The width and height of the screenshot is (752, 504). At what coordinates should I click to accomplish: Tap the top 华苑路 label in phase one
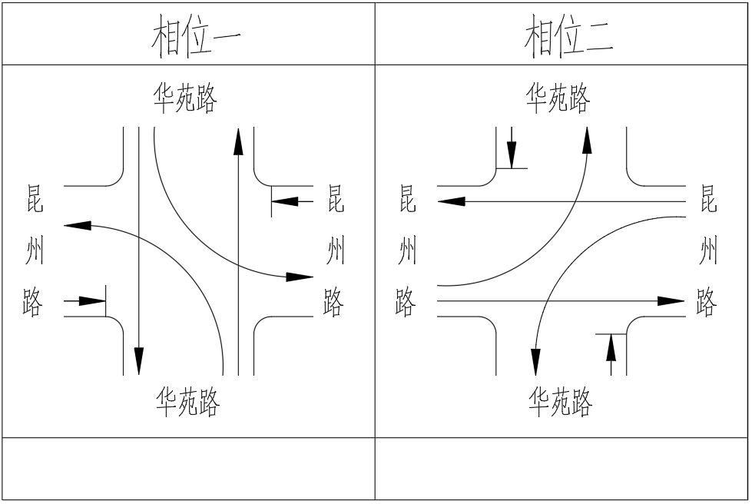(x=186, y=98)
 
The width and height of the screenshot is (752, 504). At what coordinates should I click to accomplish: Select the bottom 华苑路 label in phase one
(x=188, y=401)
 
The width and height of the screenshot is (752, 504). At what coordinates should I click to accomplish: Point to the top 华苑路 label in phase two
(x=558, y=98)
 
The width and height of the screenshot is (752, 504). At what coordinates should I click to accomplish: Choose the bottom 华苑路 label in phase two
(x=561, y=401)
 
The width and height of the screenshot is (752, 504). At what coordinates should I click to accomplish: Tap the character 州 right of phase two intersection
(x=707, y=251)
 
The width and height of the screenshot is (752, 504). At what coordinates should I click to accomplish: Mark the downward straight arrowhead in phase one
(x=138, y=360)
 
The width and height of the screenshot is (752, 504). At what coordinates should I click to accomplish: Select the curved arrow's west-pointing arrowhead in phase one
(x=77, y=225)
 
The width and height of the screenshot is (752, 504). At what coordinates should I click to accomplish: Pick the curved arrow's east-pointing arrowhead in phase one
(x=300, y=277)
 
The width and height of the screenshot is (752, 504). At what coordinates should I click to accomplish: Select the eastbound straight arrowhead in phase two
(x=670, y=300)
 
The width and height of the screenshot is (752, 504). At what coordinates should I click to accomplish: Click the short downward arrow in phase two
(x=512, y=152)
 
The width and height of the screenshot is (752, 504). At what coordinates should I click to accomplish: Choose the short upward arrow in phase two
(x=611, y=349)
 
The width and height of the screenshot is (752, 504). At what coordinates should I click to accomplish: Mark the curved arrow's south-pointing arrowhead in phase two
(x=535, y=361)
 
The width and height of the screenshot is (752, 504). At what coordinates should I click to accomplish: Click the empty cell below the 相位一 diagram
(x=188, y=469)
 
